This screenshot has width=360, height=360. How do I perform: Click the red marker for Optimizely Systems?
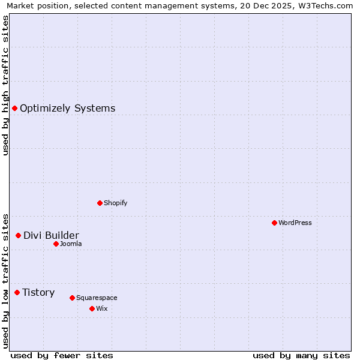[x=14, y=108]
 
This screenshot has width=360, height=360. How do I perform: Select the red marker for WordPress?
[x=274, y=223]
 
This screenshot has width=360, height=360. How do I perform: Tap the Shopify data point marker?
[x=100, y=203]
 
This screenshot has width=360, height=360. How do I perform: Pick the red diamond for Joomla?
[x=56, y=244]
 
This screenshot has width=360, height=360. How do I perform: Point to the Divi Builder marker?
[x=18, y=235]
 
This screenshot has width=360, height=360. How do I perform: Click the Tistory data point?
[x=17, y=292]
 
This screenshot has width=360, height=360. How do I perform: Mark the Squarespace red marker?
[x=72, y=298]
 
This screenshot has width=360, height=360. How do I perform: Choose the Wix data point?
[x=92, y=308]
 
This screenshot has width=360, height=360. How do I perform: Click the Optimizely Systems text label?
[x=67, y=109]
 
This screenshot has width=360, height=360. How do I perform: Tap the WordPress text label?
[x=295, y=223]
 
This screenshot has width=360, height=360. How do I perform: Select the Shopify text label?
[x=115, y=203]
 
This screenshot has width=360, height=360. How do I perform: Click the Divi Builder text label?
[x=51, y=235]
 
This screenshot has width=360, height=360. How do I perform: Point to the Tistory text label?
[x=38, y=293]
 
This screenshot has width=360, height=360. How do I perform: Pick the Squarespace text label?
[x=97, y=298]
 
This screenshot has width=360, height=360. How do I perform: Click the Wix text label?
[x=101, y=308]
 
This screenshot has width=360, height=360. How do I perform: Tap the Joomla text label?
[x=71, y=244]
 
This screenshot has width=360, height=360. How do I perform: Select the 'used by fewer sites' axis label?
[x=62, y=355]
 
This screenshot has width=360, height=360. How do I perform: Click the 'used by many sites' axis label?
[x=301, y=355]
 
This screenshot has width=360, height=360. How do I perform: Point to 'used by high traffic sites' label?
[x=5, y=85]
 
